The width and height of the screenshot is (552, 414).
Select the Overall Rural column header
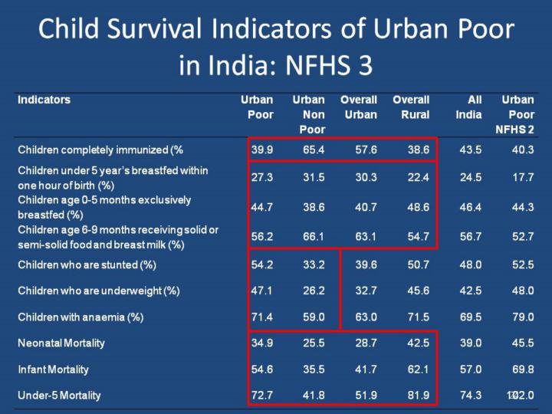point(411,107)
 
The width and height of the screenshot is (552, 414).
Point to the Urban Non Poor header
point(309,114)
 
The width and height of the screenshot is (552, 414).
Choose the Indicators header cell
point(44,100)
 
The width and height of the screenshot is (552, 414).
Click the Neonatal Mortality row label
point(61,343)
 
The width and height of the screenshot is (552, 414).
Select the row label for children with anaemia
point(80,317)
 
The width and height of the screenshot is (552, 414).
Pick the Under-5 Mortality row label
point(59,396)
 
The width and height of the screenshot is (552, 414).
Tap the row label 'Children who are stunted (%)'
point(87,264)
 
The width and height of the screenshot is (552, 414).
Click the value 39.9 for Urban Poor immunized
point(262,149)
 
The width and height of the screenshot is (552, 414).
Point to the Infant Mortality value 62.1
point(419,370)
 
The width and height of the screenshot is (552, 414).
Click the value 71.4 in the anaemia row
point(262,317)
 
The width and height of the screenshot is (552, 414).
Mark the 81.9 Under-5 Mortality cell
point(419,396)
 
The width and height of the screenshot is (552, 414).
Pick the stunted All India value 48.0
point(471,264)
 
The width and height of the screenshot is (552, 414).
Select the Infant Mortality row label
point(53,370)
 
